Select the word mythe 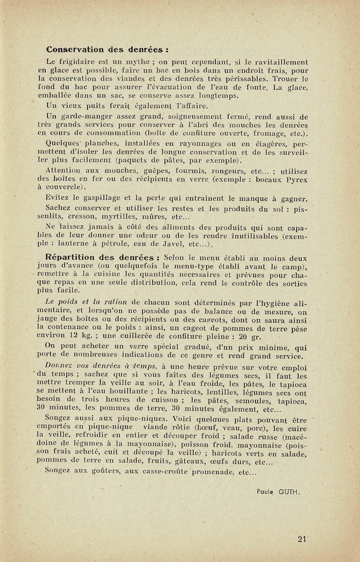pos(142,62)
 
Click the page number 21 pos(302,539)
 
